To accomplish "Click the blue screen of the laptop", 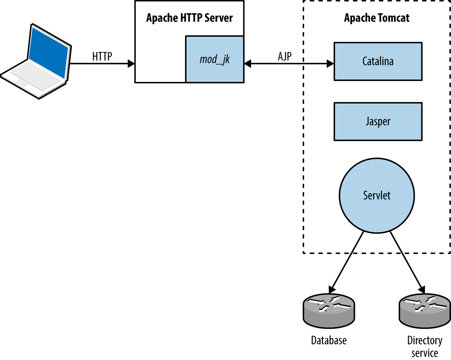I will click(x=49, y=52).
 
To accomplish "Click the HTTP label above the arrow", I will click(x=102, y=56).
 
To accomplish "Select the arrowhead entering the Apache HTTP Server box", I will click(x=131, y=63).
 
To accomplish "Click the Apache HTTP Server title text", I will click(x=189, y=18).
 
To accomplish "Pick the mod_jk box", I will click(x=215, y=60).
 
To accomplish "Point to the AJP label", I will click(x=285, y=56).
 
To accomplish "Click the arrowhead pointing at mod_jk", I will click(x=248, y=63).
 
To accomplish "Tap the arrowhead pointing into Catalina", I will click(x=330, y=63).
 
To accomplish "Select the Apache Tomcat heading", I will click(x=377, y=18).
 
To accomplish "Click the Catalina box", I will click(x=378, y=61).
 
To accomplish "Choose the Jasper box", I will click(x=378, y=121).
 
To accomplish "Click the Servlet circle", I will click(x=377, y=196).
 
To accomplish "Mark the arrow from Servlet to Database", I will click(x=347, y=261).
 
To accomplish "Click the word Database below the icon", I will click(x=329, y=340).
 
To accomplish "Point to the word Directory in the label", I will click(x=425, y=340).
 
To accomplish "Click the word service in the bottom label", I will click(x=425, y=353).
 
